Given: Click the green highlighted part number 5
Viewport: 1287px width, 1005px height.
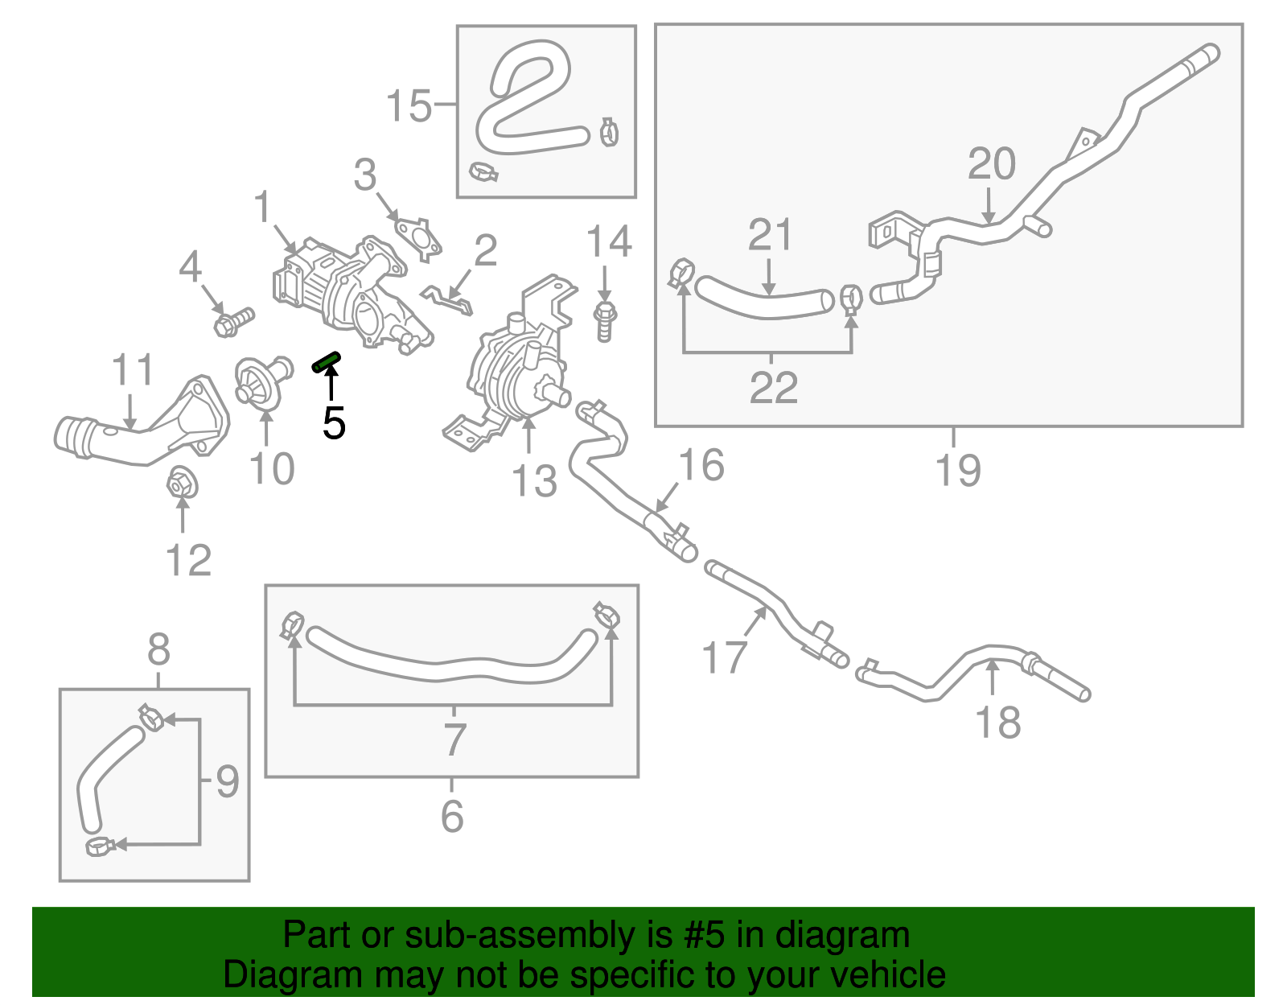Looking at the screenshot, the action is (327, 362).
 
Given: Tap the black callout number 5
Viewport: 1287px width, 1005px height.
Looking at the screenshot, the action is (334, 423).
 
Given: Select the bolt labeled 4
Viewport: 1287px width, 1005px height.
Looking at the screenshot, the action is (233, 322).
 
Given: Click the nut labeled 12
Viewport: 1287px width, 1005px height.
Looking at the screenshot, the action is (182, 484).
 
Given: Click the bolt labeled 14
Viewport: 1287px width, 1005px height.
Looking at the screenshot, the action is (605, 322).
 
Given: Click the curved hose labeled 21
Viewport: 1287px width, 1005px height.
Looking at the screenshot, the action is (764, 299).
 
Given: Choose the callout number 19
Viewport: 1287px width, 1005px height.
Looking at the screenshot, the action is (958, 470).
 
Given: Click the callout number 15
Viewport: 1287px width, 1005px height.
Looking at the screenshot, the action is (409, 106).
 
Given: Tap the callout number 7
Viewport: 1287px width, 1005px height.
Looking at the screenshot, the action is (454, 739).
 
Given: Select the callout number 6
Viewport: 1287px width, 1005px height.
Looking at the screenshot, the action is (452, 816).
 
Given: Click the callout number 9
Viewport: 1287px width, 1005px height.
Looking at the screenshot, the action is (228, 781).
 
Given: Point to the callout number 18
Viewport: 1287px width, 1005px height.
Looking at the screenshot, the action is (998, 723).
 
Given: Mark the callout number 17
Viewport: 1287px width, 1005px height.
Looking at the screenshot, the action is (724, 657).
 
